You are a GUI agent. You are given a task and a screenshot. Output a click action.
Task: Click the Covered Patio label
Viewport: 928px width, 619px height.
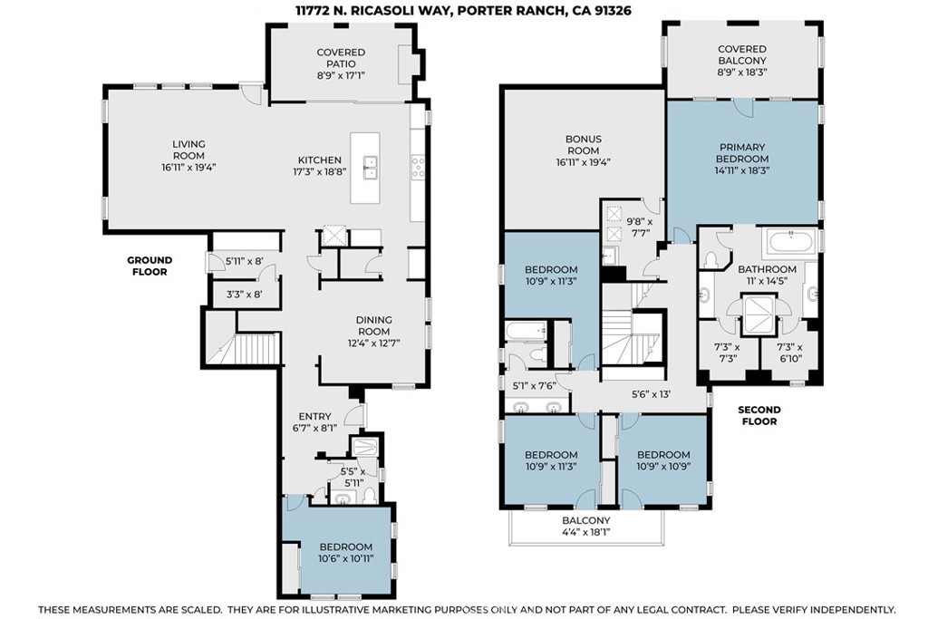point(341,58)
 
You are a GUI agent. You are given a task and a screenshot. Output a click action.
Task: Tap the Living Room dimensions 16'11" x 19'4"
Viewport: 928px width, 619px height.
point(188,167)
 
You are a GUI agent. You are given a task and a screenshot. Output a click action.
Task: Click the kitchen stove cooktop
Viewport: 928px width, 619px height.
point(418,166)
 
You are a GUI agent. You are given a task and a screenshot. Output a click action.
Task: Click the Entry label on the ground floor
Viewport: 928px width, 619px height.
point(314,416)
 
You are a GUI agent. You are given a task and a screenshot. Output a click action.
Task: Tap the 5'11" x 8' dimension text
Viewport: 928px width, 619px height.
point(244,260)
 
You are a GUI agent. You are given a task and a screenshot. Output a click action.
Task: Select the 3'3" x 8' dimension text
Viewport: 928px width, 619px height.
point(244,294)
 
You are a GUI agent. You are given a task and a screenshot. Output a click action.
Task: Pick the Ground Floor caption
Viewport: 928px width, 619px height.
point(150,266)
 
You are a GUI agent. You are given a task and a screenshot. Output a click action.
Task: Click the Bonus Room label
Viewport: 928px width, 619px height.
point(583,144)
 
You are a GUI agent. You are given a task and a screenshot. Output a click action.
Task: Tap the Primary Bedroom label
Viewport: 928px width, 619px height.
point(742,152)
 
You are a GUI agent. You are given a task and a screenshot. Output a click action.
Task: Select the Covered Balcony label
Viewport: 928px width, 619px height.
point(742,55)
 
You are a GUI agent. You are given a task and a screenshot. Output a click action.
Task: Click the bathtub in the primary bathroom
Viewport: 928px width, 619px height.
point(791,243)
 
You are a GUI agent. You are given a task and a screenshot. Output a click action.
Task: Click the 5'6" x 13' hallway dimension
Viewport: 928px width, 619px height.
point(651,393)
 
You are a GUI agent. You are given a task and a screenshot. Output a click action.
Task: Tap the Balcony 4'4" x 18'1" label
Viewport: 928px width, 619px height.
point(586,526)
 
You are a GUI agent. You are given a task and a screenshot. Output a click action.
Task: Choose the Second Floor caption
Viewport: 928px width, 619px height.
point(759,415)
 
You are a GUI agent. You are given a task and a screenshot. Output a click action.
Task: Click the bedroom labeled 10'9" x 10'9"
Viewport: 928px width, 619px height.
point(662,460)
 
